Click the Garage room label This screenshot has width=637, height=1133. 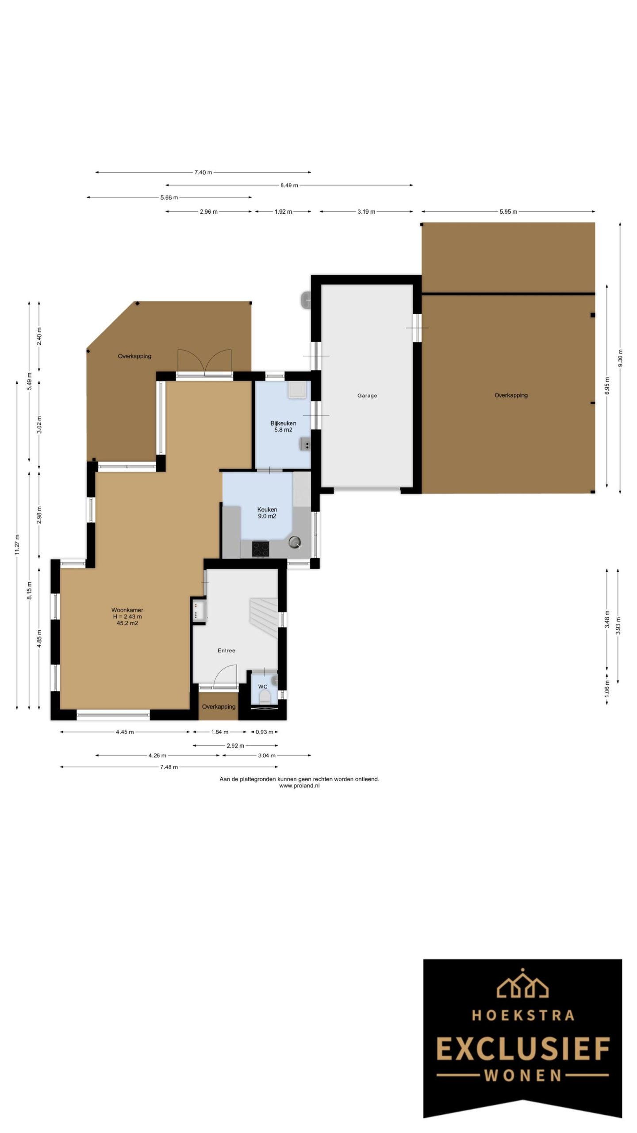point(367,396)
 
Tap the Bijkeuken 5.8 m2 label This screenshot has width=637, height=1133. point(283,426)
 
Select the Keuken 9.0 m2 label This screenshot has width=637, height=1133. point(267,513)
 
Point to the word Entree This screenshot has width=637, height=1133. point(226,651)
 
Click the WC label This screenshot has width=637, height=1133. point(263,687)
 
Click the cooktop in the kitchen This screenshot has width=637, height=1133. point(260,549)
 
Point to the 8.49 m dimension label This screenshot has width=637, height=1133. point(289,185)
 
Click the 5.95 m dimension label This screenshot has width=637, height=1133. point(508,212)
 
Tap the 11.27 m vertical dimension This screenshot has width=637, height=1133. point(17,544)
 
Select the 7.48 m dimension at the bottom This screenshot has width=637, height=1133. point(169,767)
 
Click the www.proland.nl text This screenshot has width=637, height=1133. point(299,786)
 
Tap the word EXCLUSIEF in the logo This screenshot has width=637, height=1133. point(522,1049)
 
